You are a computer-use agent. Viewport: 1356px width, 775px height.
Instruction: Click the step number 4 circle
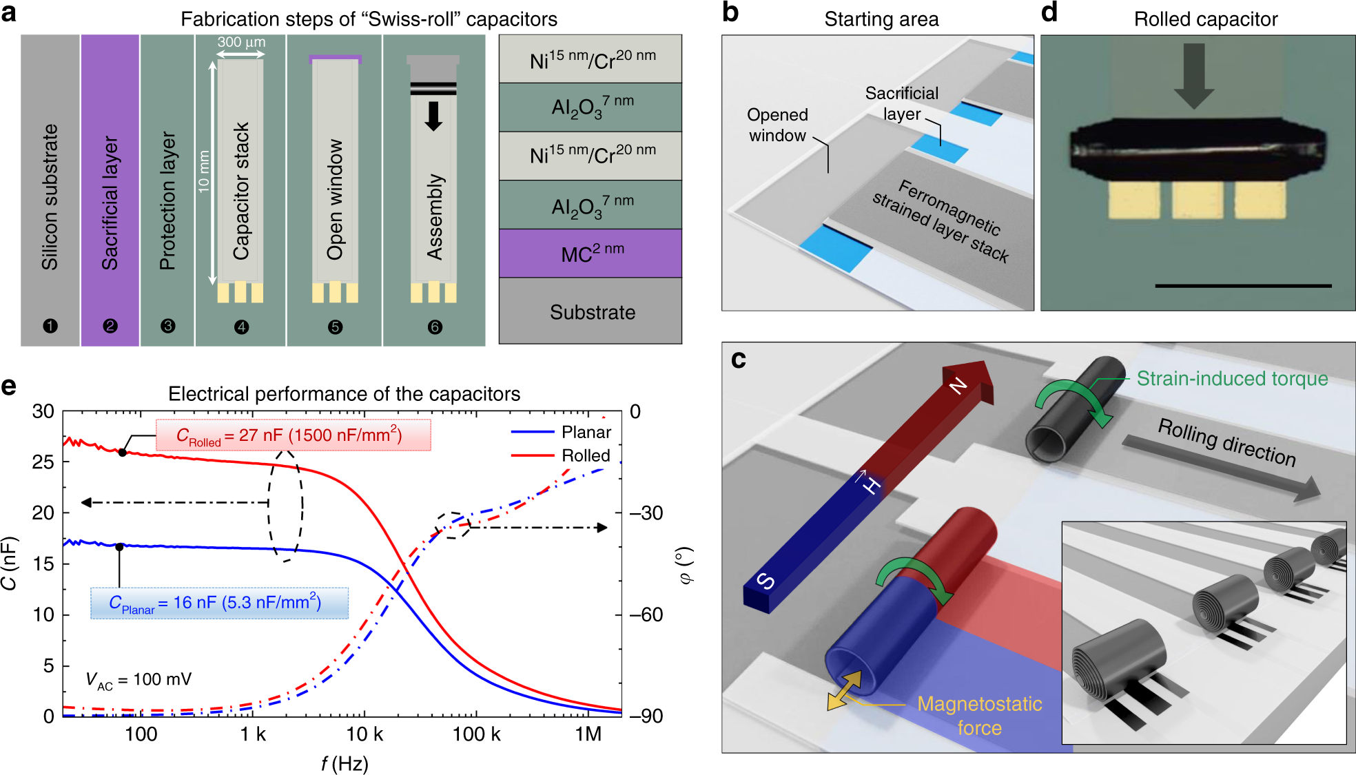point(241,327)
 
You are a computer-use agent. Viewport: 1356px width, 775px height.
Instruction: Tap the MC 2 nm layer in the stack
point(590,253)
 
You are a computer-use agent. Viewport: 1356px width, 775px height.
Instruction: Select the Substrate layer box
point(590,311)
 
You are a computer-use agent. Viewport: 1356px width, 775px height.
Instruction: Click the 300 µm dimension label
point(241,42)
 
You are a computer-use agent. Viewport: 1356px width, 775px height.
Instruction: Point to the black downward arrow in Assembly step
point(433,116)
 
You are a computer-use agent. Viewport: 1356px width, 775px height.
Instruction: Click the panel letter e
point(9,386)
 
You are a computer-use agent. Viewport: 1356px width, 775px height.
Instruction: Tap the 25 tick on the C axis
point(43,462)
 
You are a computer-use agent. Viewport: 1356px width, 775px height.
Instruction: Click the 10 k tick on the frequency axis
point(364,734)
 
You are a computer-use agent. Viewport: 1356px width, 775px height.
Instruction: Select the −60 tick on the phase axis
point(646,614)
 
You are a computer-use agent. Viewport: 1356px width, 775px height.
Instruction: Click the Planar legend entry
point(586,432)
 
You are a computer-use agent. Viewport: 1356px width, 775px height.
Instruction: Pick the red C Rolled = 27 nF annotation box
point(293,435)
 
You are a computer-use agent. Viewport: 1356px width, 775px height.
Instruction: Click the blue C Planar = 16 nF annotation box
point(219,603)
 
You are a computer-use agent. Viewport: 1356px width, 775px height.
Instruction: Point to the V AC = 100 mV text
point(138,680)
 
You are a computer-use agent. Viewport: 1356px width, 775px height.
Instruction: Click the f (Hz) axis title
point(345,763)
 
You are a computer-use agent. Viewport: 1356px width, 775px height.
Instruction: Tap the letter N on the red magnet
point(958,386)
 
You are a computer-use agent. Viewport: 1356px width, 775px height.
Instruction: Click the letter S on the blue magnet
point(766,581)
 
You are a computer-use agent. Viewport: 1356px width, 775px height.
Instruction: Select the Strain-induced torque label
point(1232,378)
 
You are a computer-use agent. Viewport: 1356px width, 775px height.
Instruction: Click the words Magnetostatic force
point(979,715)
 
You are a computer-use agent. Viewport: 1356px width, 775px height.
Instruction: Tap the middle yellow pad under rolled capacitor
point(1198,200)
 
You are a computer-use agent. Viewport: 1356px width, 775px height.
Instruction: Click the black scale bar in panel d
point(1243,285)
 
